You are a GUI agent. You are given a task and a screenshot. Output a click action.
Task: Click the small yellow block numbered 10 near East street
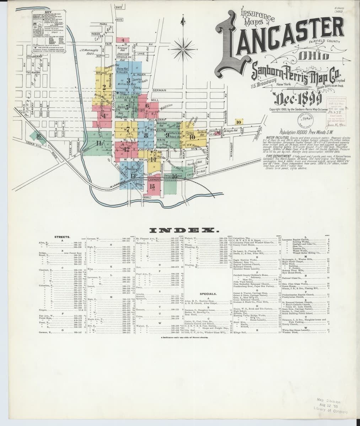point(238,122)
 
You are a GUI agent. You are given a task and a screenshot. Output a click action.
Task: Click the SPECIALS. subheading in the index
point(208,294)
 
